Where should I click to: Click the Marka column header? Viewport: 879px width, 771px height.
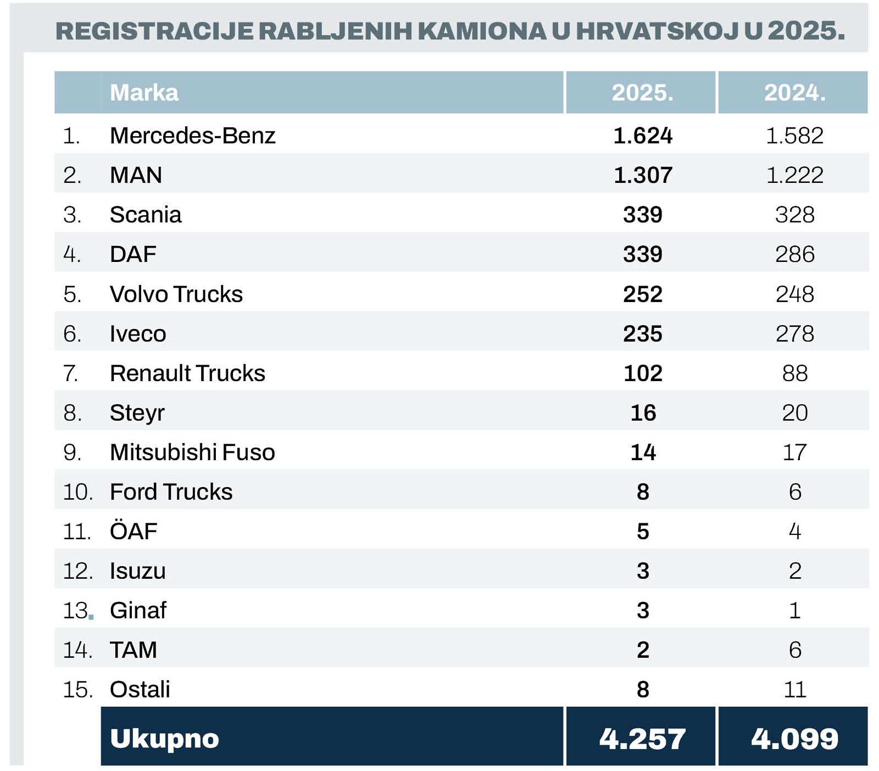pyautogui.click(x=144, y=93)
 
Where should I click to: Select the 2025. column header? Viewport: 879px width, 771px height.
pyautogui.click(x=642, y=93)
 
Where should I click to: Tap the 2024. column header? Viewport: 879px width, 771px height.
pyautogui.click(x=794, y=93)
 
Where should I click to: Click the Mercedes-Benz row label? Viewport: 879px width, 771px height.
pyautogui.click(x=192, y=136)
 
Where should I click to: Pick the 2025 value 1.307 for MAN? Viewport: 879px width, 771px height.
pyautogui.click(x=642, y=175)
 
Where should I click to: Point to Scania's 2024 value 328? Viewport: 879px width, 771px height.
pyautogui.click(x=794, y=215)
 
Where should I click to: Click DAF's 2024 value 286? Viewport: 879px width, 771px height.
pyautogui.click(x=794, y=254)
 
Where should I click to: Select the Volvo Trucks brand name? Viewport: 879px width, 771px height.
pyautogui.click(x=176, y=294)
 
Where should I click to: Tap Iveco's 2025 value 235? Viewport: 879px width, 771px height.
pyautogui.click(x=642, y=334)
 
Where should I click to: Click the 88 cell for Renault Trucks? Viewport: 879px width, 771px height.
pyautogui.click(x=794, y=373)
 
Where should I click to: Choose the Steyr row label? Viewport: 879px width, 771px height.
pyautogui.click(x=137, y=413)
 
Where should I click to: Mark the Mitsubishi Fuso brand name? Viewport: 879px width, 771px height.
pyautogui.click(x=192, y=452)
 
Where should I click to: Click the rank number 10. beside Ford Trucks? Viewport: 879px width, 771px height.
pyautogui.click(x=77, y=492)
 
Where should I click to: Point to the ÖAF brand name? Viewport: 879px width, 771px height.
pyautogui.click(x=133, y=532)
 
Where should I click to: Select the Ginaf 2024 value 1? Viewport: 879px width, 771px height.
pyautogui.click(x=794, y=611)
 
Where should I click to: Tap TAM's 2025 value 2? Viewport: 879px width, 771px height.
pyautogui.click(x=642, y=650)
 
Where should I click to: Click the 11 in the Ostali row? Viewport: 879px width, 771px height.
pyautogui.click(x=794, y=690)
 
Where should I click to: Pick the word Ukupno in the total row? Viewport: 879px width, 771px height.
pyautogui.click(x=164, y=739)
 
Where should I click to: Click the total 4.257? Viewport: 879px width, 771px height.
pyautogui.click(x=642, y=739)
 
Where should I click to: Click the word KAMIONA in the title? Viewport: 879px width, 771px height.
pyautogui.click(x=482, y=31)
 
